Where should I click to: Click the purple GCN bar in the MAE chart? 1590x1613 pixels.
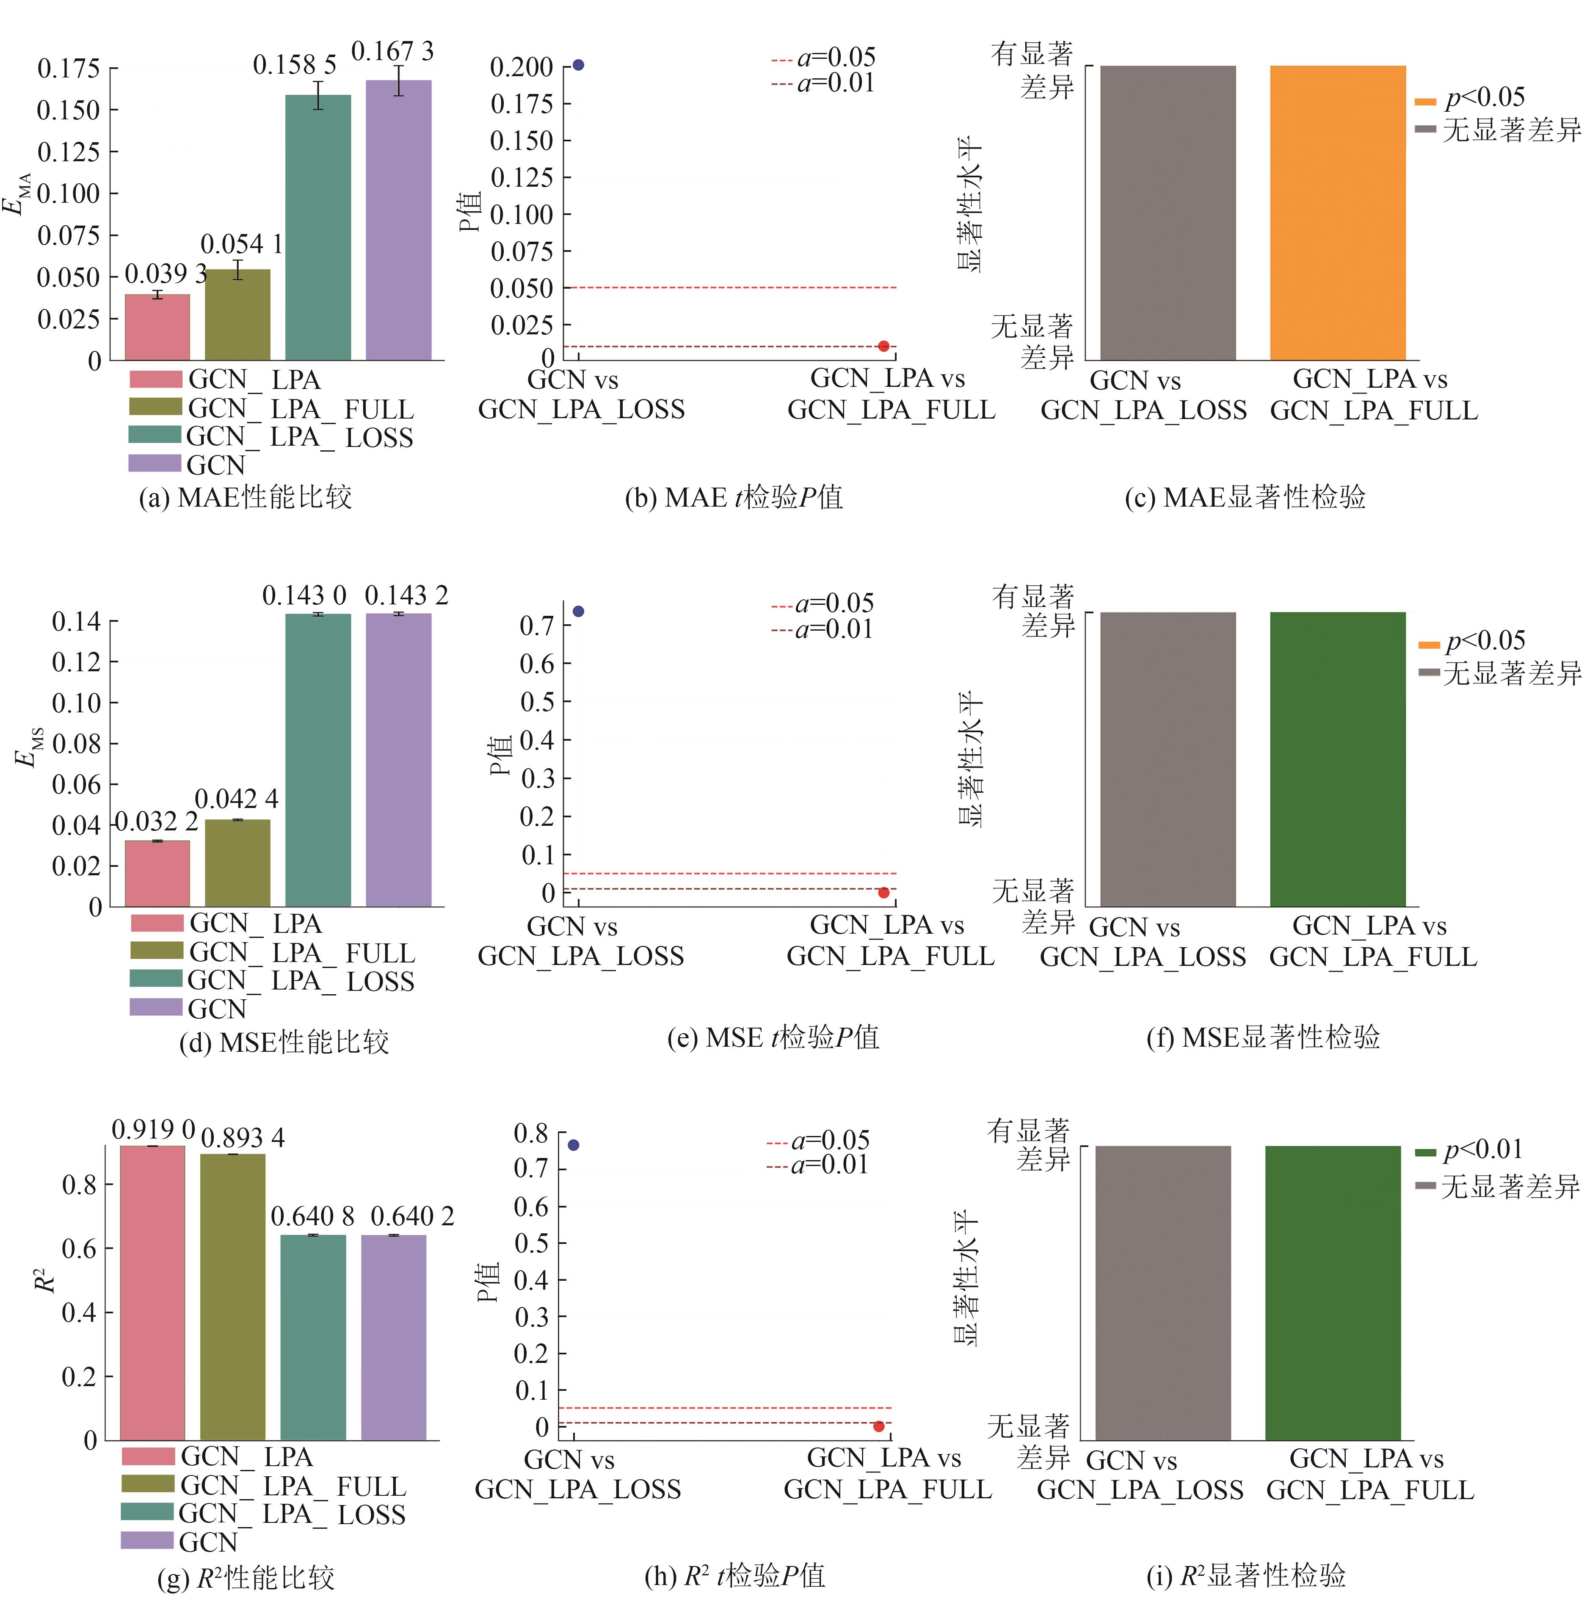tap(398, 221)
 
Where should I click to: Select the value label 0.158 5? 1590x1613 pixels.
tap(295, 65)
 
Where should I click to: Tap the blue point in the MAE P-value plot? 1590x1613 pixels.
tap(578, 65)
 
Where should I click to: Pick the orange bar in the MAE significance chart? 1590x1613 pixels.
tap(1338, 213)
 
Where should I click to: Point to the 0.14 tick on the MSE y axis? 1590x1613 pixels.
tap(76, 621)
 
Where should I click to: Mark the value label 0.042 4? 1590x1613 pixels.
tap(236, 799)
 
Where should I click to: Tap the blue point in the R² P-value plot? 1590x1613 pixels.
tap(573, 1144)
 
